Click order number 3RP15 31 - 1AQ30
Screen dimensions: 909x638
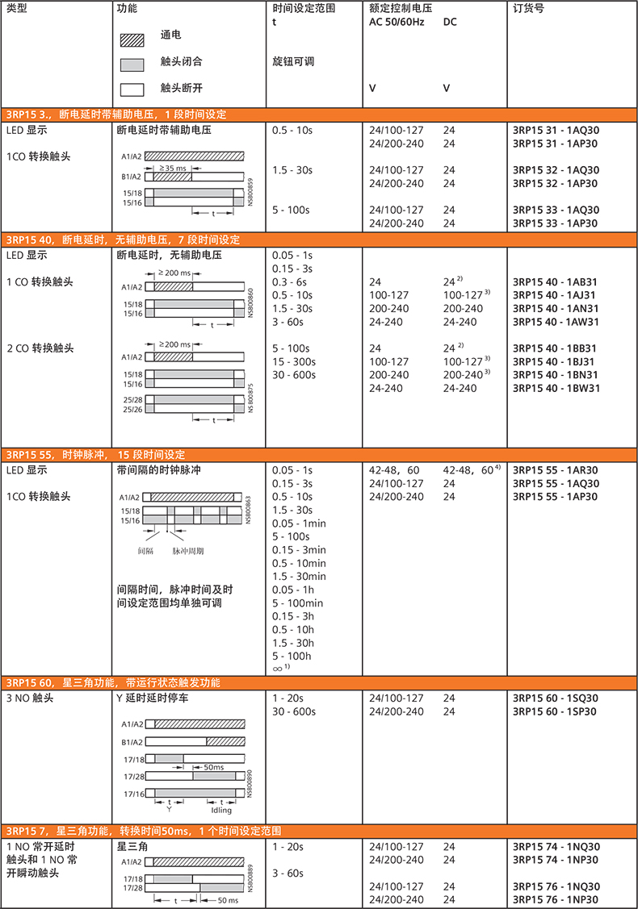point(556,130)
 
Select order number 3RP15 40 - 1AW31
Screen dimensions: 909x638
point(556,322)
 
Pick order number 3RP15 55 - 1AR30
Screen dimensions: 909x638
point(556,469)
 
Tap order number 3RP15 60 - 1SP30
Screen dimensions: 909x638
point(555,711)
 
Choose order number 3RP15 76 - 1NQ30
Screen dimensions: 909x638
point(556,886)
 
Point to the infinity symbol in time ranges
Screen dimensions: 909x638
point(279,669)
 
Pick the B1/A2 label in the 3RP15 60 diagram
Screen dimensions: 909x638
point(132,741)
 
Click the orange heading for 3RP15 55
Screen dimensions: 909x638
point(96,455)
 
